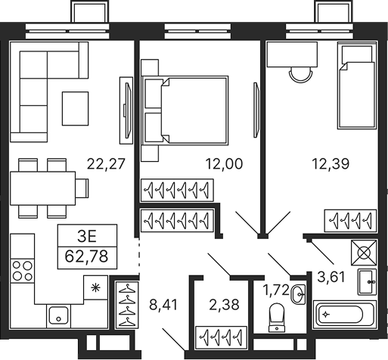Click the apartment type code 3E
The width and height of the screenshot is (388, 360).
tap(88, 234)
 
